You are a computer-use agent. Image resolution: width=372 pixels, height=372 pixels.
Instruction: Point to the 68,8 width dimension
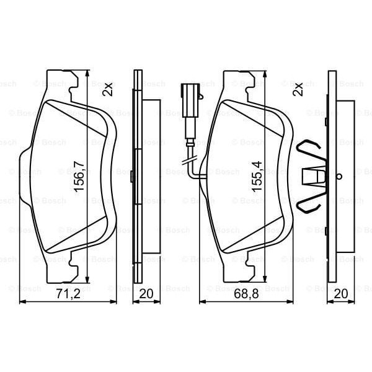[246, 294]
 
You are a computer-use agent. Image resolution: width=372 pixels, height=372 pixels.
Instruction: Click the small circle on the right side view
[338, 176]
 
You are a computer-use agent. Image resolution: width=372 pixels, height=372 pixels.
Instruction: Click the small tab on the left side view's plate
[133, 176]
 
